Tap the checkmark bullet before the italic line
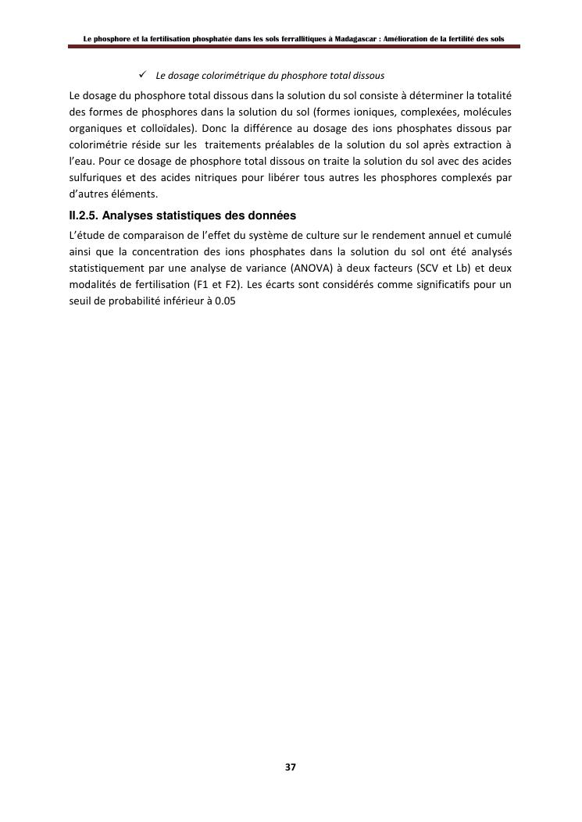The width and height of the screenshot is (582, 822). (144, 75)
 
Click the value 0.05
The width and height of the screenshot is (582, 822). (225, 301)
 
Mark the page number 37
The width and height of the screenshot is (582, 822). (291, 767)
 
